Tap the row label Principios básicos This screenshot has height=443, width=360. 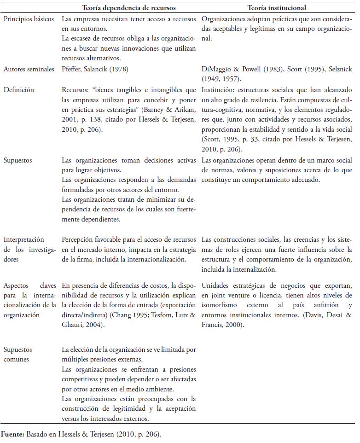click(x=29, y=19)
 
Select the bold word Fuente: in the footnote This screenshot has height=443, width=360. click(x=12, y=433)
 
